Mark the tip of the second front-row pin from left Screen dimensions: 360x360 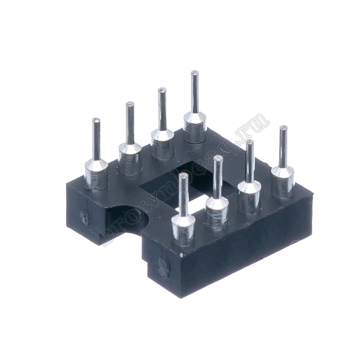(218, 158)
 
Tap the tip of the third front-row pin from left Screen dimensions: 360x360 (250, 142)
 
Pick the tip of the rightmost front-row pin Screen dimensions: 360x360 (283, 128)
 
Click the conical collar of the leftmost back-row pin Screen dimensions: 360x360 (96, 165)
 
